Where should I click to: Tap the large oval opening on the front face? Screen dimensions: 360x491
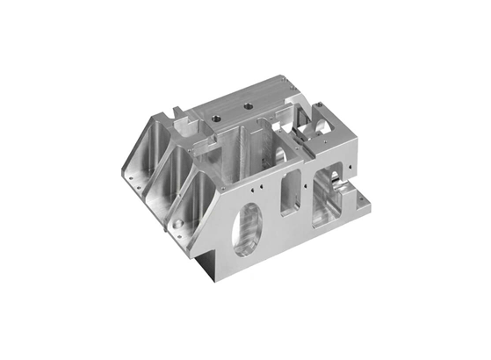248,229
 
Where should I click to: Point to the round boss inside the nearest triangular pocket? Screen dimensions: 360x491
180,226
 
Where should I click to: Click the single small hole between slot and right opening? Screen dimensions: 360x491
307,184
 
